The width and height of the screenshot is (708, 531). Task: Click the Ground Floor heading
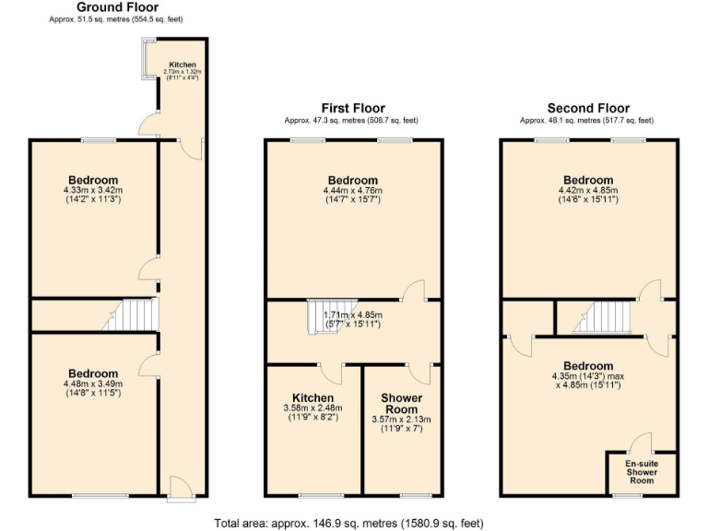(111, 7)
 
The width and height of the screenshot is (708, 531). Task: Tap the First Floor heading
(352, 108)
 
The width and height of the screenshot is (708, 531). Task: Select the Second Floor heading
(588, 108)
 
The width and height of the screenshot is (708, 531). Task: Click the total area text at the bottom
(348, 523)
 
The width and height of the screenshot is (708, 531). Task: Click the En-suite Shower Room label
(641, 470)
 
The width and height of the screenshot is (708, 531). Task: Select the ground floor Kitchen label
(181, 65)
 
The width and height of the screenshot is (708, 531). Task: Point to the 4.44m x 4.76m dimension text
(352, 191)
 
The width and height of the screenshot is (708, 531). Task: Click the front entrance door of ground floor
(180, 488)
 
